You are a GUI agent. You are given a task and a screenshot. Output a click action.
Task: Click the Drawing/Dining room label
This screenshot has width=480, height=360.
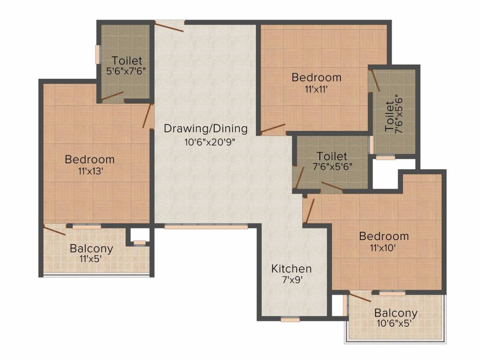pyautogui.click(x=206, y=128)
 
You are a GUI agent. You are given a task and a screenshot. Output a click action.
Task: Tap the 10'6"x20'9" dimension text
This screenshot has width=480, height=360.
pyautogui.click(x=210, y=142)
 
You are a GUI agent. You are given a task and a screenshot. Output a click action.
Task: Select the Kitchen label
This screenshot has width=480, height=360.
pyautogui.click(x=292, y=269)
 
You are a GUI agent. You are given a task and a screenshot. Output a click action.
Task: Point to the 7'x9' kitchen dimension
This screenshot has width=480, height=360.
pyautogui.click(x=292, y=280)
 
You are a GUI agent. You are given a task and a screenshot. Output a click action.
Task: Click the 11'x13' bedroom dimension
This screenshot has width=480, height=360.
pyautogui.click(x=90, y=171)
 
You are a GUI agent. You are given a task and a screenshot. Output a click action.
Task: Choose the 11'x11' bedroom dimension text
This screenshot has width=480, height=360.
pyautogui.click(x=316, y=90)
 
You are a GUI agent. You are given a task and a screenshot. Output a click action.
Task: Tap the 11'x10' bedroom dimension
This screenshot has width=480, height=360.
pyautogui.click(x=383, y=247)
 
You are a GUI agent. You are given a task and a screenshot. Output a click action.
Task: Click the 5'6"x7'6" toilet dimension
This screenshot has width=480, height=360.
pyautogui.click(x=126, y=71)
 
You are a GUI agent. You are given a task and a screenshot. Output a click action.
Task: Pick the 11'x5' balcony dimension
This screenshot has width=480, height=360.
pyautogui.click(x=90, y=259)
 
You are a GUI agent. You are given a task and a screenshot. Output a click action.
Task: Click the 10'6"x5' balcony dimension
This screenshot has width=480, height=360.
pyautogui.click(x=394, y=323)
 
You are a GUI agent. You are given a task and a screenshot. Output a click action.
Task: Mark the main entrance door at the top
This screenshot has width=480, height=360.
pyautogui.click(x=169, y=26)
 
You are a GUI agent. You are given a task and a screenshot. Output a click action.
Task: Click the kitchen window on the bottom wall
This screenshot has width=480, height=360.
pyautogui.click(x=290, y=320)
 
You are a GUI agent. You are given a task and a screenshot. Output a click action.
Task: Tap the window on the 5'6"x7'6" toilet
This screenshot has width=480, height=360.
pyautogui.click(x=98, y=54)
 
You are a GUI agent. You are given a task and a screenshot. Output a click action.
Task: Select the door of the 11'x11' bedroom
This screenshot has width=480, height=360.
pyautogui.click(x=273, y=129)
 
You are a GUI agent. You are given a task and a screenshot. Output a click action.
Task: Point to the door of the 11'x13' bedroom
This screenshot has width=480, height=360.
pyautogui.click(x=147, y=116)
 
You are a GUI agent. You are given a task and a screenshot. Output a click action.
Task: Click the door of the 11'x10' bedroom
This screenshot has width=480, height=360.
pyautogui.click(x=309, y=211)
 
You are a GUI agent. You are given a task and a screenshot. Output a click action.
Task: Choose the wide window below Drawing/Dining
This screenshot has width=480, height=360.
pyautogui.click(x=206, y=227)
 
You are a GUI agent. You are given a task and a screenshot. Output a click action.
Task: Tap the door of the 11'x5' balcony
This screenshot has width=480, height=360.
pyautogui.click(x=54, y=230)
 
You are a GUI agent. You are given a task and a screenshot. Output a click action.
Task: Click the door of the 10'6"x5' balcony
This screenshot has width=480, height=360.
pyautogui.click(x=360, y=297)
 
